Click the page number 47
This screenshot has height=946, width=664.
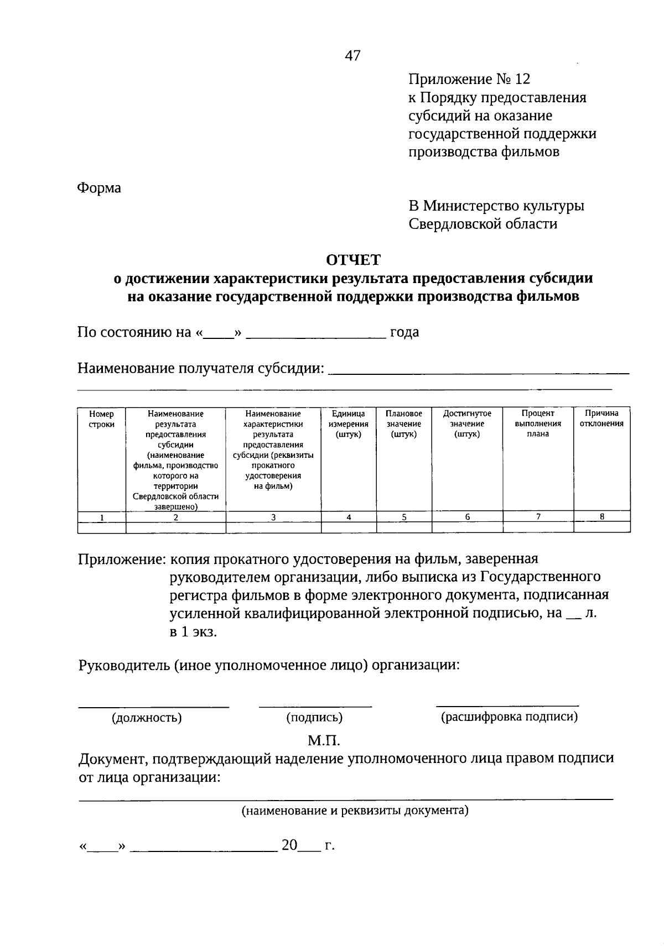[x=352, y=55]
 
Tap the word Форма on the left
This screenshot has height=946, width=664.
[x=98, y=188]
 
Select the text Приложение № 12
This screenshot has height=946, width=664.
[x=469, y=80]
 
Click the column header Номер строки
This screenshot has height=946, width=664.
[x=101, y=419]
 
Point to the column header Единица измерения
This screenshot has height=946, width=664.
[x=348, y=424]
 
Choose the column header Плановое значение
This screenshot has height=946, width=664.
[x=404, y=424]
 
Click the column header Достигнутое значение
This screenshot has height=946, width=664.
[x=467, y=424]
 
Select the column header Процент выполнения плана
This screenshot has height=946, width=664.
[x=538, y=424]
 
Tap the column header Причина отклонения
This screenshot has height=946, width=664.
[x=601, y=419]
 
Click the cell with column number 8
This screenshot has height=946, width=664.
[x=602, y=516]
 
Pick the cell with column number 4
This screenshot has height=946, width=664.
[x=349, y=517]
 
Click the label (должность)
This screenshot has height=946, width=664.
[x=147, y=718]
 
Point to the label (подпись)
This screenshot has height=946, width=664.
[x=314, y=718]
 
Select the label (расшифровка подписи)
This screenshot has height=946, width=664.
[x=509, y=717]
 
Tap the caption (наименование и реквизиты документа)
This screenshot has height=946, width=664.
[x=354, y=811]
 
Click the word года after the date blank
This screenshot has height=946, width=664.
[x=404, y=332]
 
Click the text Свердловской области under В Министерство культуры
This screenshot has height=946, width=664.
[x=483, y=224]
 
